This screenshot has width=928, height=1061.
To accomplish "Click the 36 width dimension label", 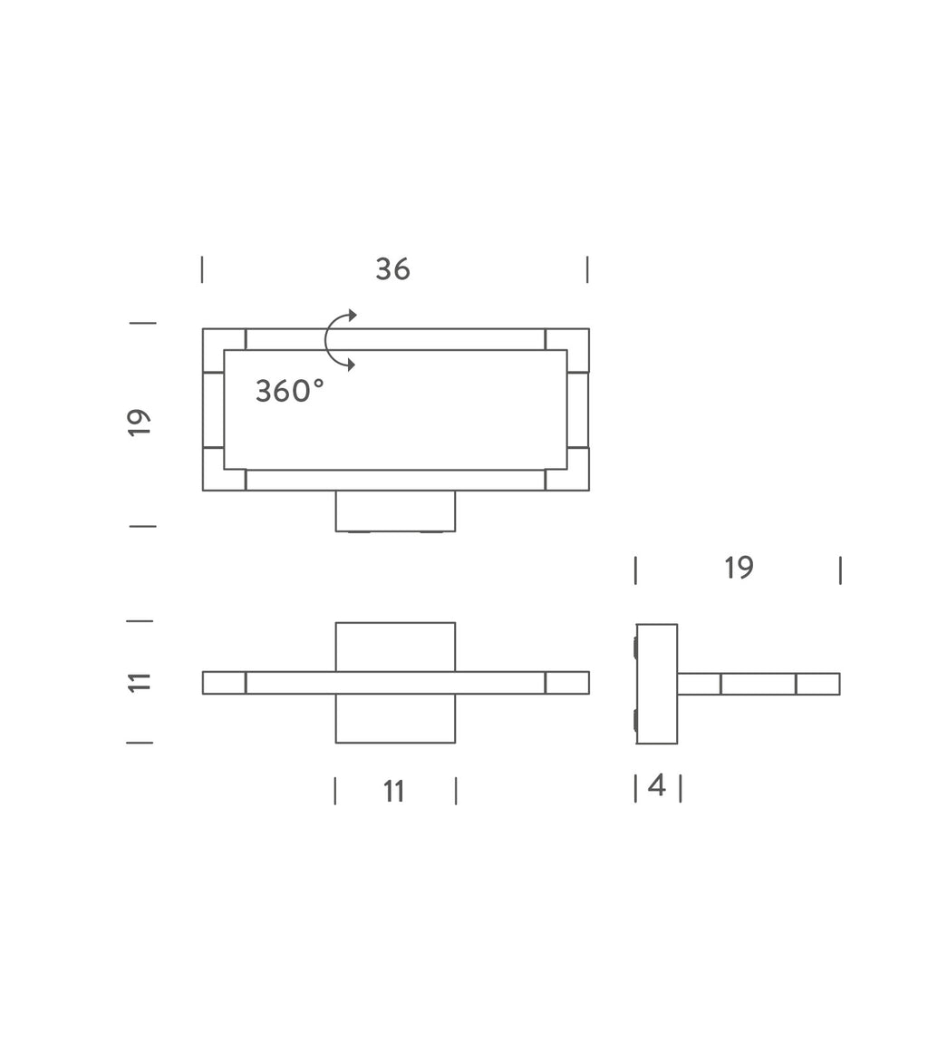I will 392,269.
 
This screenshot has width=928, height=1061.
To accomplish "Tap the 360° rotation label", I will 289,391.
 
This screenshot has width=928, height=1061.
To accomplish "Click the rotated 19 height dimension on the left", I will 139,423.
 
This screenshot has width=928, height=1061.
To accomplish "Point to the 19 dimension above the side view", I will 739,568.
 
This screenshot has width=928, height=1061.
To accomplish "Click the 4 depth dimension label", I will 657,785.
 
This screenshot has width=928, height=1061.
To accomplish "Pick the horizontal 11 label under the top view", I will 393,792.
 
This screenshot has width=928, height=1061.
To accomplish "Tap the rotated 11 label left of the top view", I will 139,682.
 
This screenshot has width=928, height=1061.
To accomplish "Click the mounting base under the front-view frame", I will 395,511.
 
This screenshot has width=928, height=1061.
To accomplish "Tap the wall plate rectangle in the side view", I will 657,684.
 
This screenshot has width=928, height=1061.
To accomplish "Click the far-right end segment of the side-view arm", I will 817,684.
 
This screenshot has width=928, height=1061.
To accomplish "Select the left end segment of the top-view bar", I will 224,683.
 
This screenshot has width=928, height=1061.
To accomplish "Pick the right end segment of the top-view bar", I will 567,683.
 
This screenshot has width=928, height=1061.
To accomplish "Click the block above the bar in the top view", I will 395,647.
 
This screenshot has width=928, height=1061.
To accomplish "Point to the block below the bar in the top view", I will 395,718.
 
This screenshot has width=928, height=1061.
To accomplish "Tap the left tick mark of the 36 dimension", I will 202,269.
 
